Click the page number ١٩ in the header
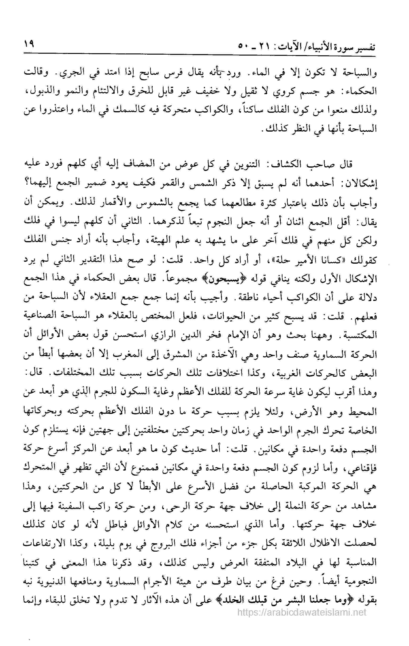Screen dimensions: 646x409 click(x=29, y=44)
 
